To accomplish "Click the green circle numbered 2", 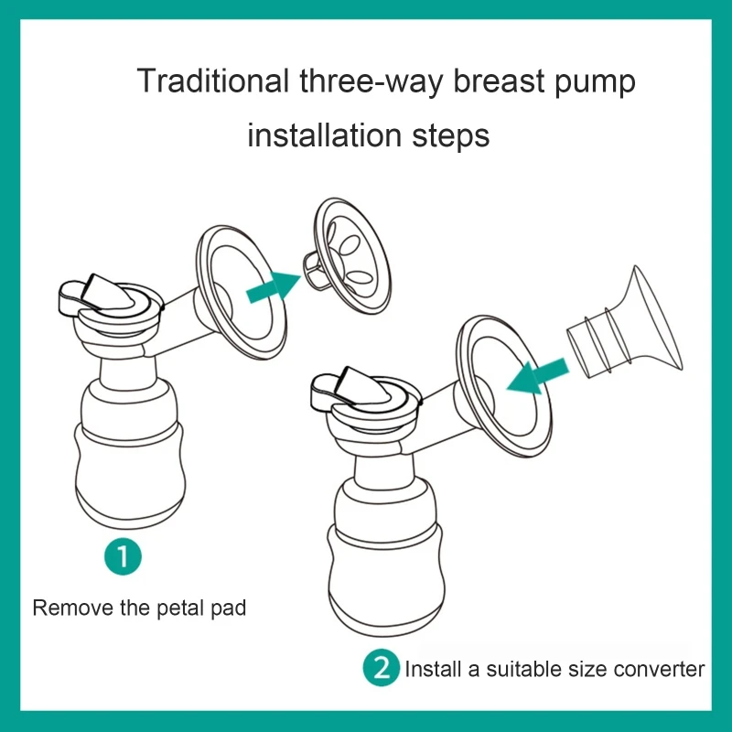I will (382, 667).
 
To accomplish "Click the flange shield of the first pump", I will (236, 293).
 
